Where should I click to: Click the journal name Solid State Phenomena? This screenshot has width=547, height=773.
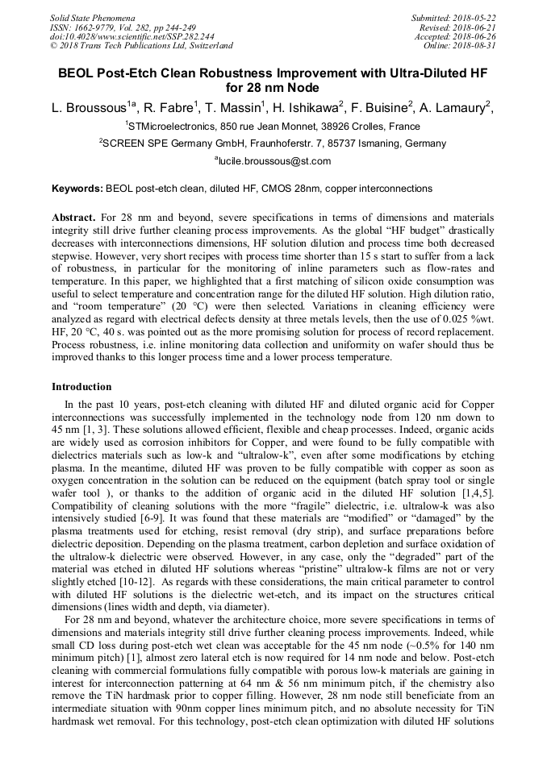coord(93,18)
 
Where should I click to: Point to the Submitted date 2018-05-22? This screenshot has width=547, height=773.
coord(455,18)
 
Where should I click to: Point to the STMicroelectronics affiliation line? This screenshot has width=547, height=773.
coord(273,127)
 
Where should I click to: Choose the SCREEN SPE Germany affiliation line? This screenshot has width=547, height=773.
coord(273,143)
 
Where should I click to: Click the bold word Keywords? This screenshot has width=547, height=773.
coord(77,189)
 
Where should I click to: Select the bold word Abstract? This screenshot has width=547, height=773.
coord(74,218)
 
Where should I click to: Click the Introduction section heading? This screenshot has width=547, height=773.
coord(81,387)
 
